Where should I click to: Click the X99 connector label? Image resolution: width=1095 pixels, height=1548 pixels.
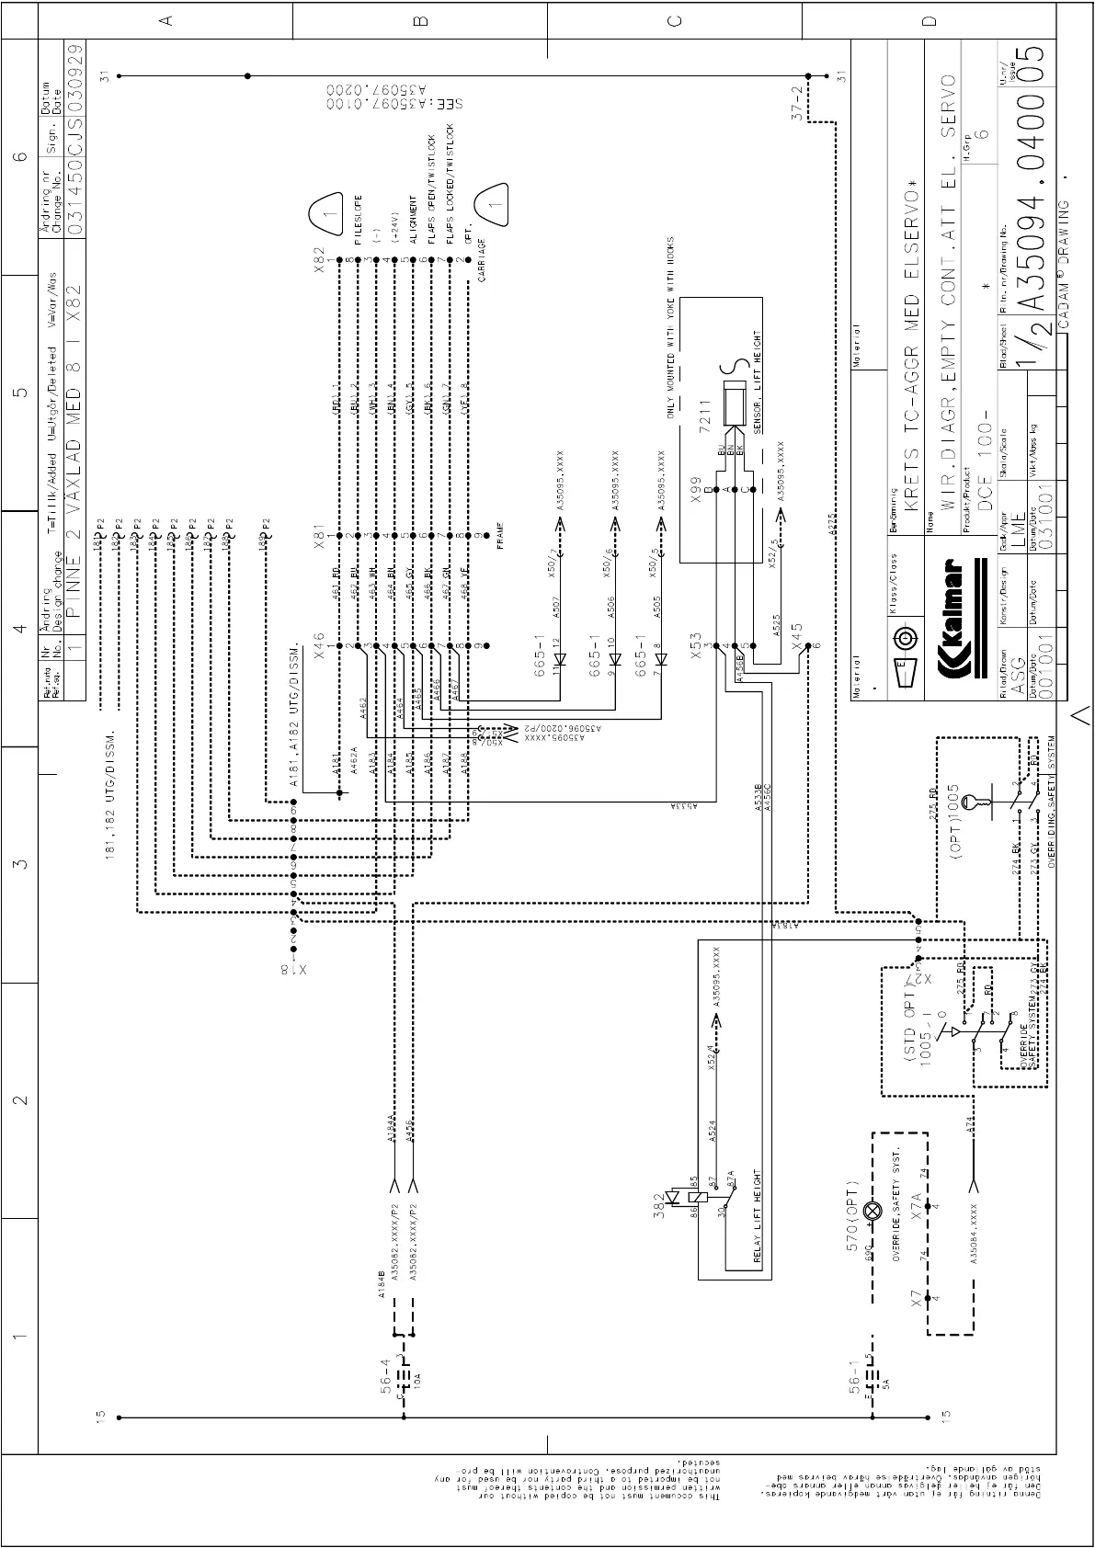pos(696,488)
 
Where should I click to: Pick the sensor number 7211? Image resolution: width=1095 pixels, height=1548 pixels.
pos(706,412)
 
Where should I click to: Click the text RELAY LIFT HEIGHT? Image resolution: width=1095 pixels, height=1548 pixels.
pos(758,1217)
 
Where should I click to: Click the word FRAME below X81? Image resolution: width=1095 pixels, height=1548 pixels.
pos(499,535)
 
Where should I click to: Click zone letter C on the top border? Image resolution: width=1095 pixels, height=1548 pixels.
pos(674,20)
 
